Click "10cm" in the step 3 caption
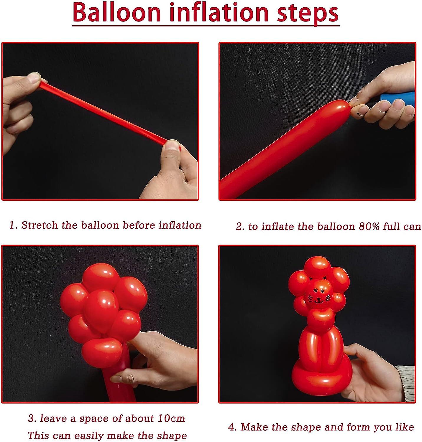coord(171,418)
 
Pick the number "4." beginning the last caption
coord(232,427)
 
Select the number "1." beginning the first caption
coord(13,225)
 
